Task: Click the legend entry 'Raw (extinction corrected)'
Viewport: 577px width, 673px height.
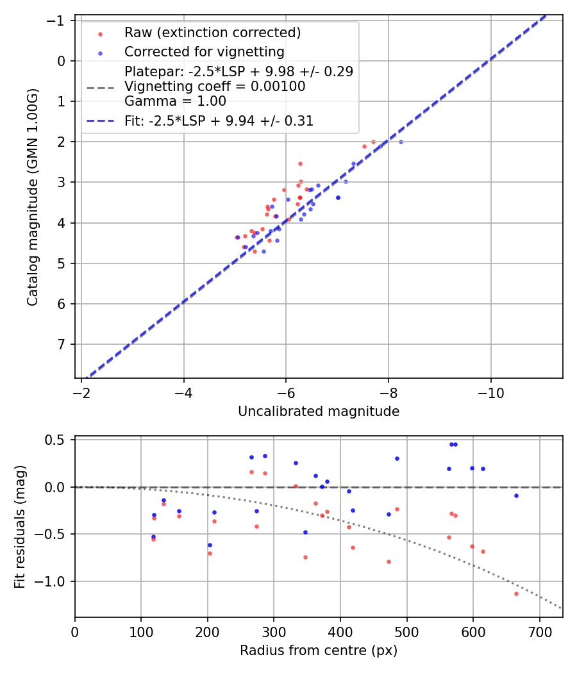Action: pyautogui.click(x=212, y=33)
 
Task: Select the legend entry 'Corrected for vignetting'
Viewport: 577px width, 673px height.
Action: pyautogui.click(x=204, y=51)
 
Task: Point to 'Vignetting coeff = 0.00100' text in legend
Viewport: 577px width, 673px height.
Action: pyautogui.click(x=215, y=86)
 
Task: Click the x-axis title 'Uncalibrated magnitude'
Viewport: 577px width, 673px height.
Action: pyautogui.click(x=319, y=411)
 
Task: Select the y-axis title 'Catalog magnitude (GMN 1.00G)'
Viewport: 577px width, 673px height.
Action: pyautogui.click(x=33, y=197)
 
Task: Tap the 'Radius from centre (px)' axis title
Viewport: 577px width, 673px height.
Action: pyautogui.click(x=319, y=651)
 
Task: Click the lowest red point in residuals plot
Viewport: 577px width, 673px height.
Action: pyautogui.click(x=516, y=594)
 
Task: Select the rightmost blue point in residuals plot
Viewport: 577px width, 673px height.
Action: pyautogui.click(x=516, y=495)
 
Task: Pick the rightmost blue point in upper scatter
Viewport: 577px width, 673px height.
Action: pyautogui.click(x=401, y=142)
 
